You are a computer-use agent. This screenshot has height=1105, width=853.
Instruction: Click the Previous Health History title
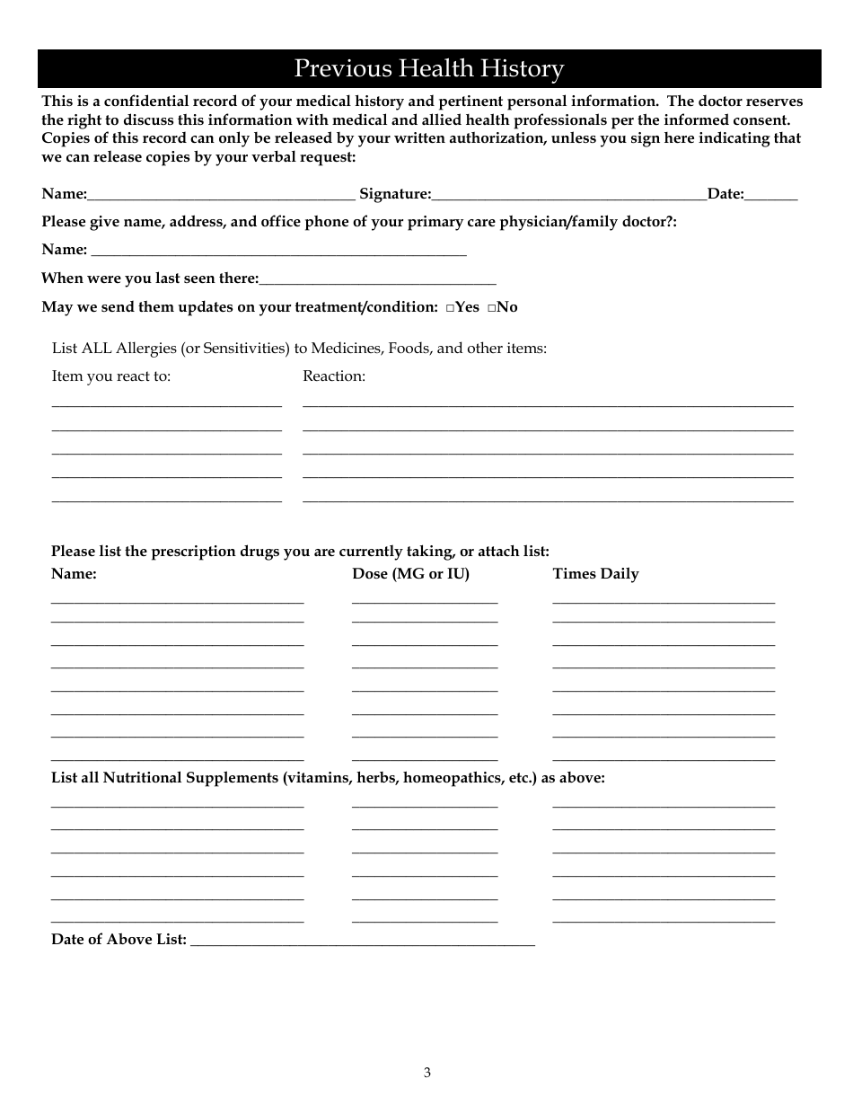[x=429, y=69]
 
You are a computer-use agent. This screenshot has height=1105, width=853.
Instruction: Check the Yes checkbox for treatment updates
[x=449, y=307]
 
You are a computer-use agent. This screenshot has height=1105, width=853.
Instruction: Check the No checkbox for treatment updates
[x=492, y=307]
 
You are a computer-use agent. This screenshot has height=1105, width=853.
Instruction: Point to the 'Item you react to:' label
[x=110, y=376]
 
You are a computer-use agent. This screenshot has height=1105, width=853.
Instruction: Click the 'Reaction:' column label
[x=334, y=376]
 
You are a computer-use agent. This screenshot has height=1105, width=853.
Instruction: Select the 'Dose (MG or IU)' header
[x=410, y=574]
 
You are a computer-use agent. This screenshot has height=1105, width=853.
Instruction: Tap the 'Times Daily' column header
[x=595, y=574]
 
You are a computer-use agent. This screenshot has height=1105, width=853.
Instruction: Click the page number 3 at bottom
[x=427, y=1072]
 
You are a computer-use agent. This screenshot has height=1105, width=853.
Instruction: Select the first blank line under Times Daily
[x=663, y=600]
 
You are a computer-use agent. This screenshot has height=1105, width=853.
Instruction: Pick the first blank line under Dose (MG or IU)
[x=424, y=600]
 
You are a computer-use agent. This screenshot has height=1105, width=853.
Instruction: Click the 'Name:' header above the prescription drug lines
[x=74, y=574]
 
